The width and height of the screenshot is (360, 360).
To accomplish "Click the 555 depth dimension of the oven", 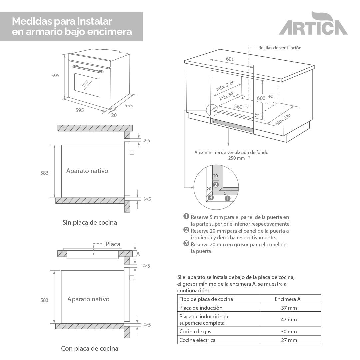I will [128, 106].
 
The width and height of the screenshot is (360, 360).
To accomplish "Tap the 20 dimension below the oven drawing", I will [114, 115].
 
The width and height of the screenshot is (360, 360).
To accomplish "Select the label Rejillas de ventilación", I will [279, 48].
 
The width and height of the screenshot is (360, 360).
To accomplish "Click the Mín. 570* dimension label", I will [224, 86].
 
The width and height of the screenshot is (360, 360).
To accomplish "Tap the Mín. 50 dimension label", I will [226, 97].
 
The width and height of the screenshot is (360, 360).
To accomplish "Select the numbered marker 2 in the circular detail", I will [215, 184].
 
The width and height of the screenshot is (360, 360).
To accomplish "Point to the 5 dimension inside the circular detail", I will [225, 193].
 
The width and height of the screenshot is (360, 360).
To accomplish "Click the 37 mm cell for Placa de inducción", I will [289, 308].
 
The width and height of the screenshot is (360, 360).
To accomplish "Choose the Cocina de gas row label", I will [195, 331].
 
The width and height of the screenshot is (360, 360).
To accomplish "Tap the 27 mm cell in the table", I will [289, 340].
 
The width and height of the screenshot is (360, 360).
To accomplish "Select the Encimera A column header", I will [287, 299].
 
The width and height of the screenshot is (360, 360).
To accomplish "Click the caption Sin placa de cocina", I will [90, 222].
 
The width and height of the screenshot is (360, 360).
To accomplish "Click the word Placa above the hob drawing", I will [113, 244].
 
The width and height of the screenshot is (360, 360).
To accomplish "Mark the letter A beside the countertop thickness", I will [138, 254].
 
